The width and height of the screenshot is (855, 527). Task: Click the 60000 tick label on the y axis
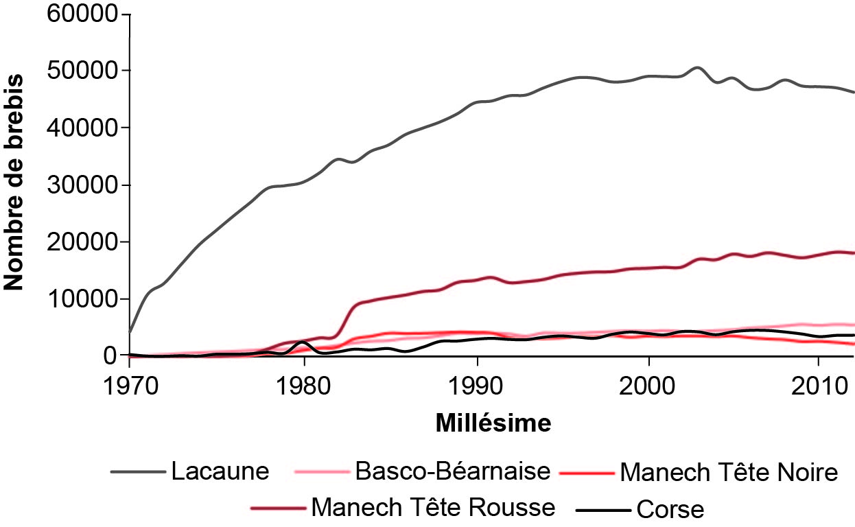[x=80, y=14]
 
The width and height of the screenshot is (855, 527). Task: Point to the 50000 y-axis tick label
[x=80, y=71]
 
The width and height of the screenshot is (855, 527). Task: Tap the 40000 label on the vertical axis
[x=80, y=128]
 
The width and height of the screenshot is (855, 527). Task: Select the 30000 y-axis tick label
[x=80, y=185]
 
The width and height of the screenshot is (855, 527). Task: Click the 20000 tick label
[x=80, y=242]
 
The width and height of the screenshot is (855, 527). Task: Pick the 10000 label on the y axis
[x=80, y=299]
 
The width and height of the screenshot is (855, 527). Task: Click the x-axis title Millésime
[x=493, y=423]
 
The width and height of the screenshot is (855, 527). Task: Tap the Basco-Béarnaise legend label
[x=453, y=472]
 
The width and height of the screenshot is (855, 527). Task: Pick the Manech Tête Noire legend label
[x=729, y=472]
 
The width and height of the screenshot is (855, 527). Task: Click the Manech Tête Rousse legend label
[x=433, y=508]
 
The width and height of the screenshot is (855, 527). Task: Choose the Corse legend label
[x=670, y=509]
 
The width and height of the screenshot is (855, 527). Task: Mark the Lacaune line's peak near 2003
[x=697, y=67]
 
